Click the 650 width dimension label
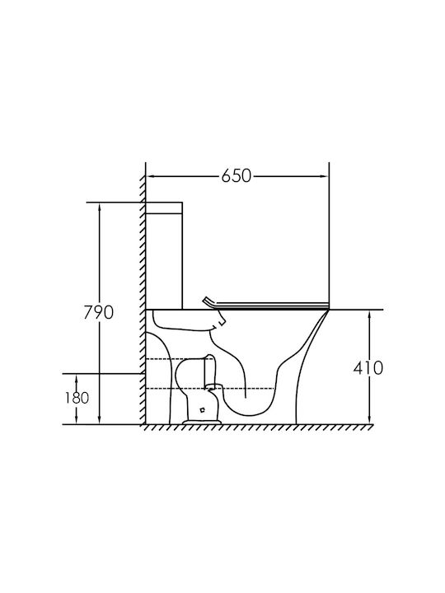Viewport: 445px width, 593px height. tap(237, 176)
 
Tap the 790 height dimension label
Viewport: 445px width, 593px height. tap(98, 312)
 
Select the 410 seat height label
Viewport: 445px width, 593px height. tap(368, 367)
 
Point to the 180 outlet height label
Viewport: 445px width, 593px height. tap(77, 398)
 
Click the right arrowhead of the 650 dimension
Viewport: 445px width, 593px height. tap(325, 176)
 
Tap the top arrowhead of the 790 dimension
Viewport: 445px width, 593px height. tap(100, 208)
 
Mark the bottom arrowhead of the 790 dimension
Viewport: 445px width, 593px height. tap(100, 419)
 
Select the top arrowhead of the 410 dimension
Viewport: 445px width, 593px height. tap(369, 315)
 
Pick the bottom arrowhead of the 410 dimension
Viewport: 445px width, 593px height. tap(369, 419)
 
